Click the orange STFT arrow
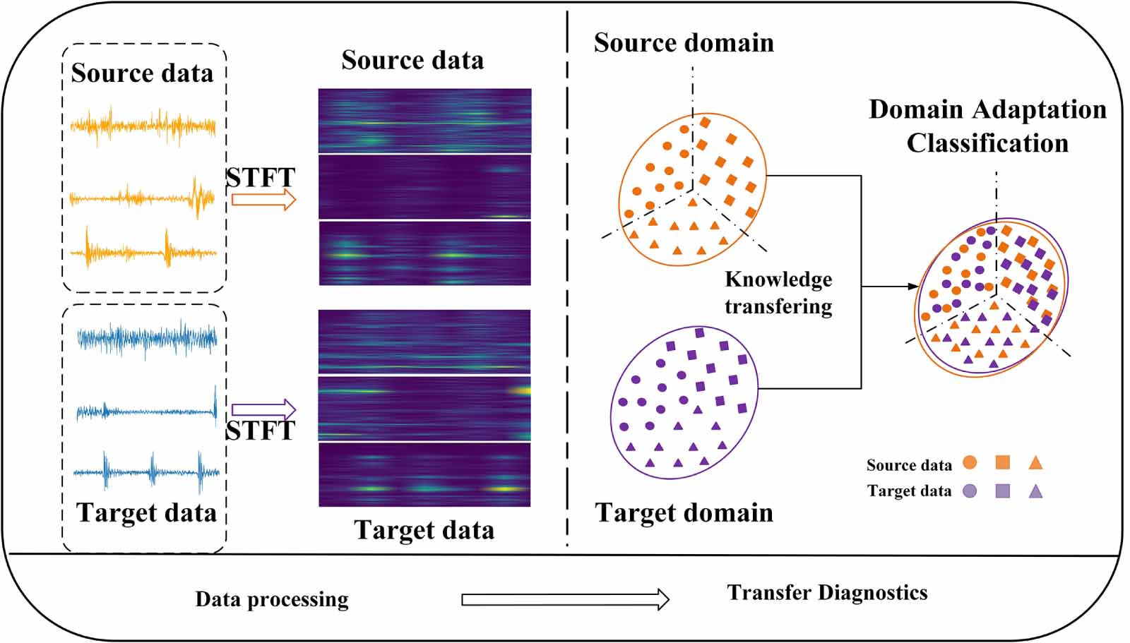(x=263, y=200)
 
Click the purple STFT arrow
(x=263, y=409)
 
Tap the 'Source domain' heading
(x=684, y=43)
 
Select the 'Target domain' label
(x=684, y=512)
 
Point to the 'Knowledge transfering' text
(x=778, y=293)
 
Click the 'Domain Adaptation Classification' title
(x=987, y=126)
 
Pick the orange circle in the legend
(x=970, y=463)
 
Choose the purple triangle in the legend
(x=1035, y=491)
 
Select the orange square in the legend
(x=1002, y=463)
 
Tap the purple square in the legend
(x=1002, y=491)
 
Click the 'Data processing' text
(x=272, y=599)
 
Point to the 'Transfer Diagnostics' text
(x=827, y=592)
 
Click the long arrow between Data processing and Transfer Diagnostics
(x=564, y=600)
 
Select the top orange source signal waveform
(x=143, y=127)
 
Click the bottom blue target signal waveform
(x=146, y=472)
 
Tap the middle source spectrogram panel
(x=424, y=187)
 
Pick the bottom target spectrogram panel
(x=424, y=474)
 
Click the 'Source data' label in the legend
(x=909, y=465)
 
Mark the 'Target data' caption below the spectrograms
(x=424, y=530)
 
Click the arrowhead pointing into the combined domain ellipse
(x=913, y=287)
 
